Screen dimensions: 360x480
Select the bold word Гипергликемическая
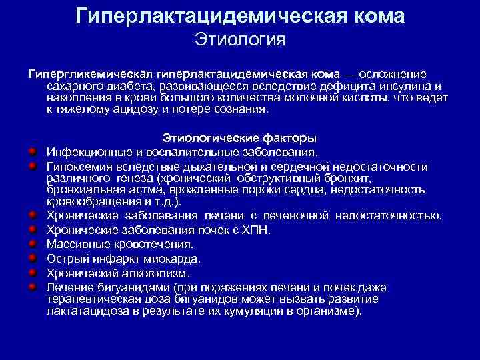tap(91, 73)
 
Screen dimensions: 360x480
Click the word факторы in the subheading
tap(290, 139)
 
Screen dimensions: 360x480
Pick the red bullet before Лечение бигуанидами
tap(31, 286)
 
